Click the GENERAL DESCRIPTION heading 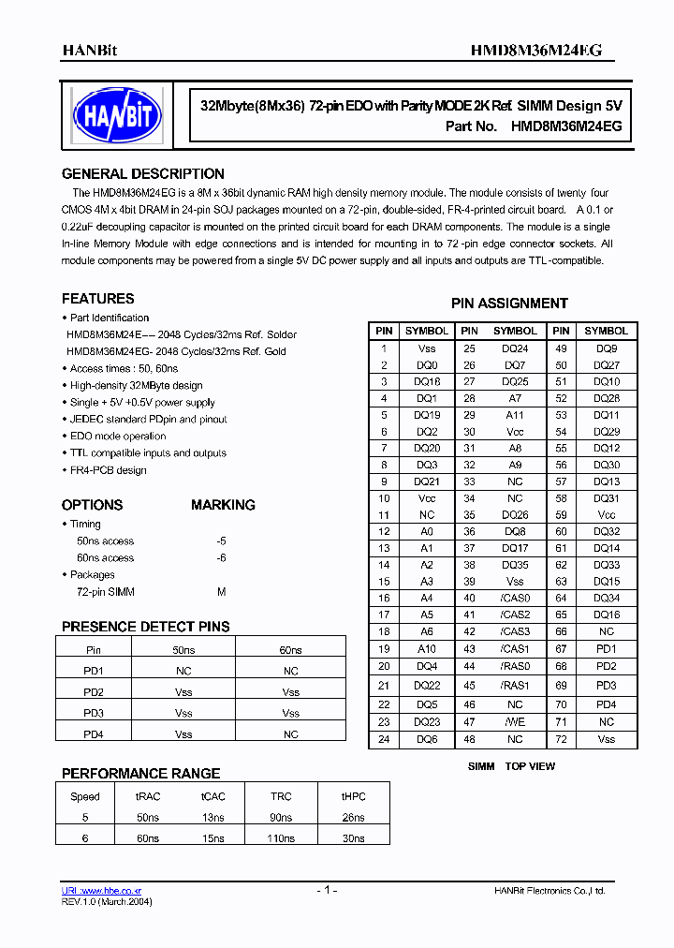coord(142,174)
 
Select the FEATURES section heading coord(97,299)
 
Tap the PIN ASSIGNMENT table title coord(509,304)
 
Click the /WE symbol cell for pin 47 coord(515,722)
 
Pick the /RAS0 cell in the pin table coord(515,666)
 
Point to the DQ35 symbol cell coord(515,565)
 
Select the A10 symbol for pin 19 coord(426,649)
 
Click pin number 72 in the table coord(561,739)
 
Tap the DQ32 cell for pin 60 coord(607,532)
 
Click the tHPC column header coord(353,796)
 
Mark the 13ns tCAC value coord(212,817)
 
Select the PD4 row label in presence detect coord(94,734)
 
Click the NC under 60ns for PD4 coord(290,734)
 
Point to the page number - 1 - coord(326,890)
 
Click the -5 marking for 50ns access coord(221,541)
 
